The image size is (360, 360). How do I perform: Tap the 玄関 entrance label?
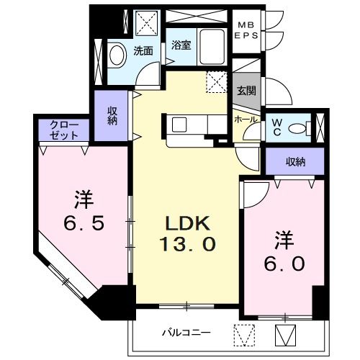pos(246,91)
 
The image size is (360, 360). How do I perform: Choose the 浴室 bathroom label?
pos(180,45)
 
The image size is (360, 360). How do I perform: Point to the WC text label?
pos(276,127)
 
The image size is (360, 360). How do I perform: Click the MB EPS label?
pos(248,30)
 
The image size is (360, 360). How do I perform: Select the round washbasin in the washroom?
pos(115,55)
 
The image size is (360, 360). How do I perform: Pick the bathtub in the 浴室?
pos(213,48)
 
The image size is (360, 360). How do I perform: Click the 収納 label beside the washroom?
pos(112,115)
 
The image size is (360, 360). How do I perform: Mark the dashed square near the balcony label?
pos(245,334)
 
